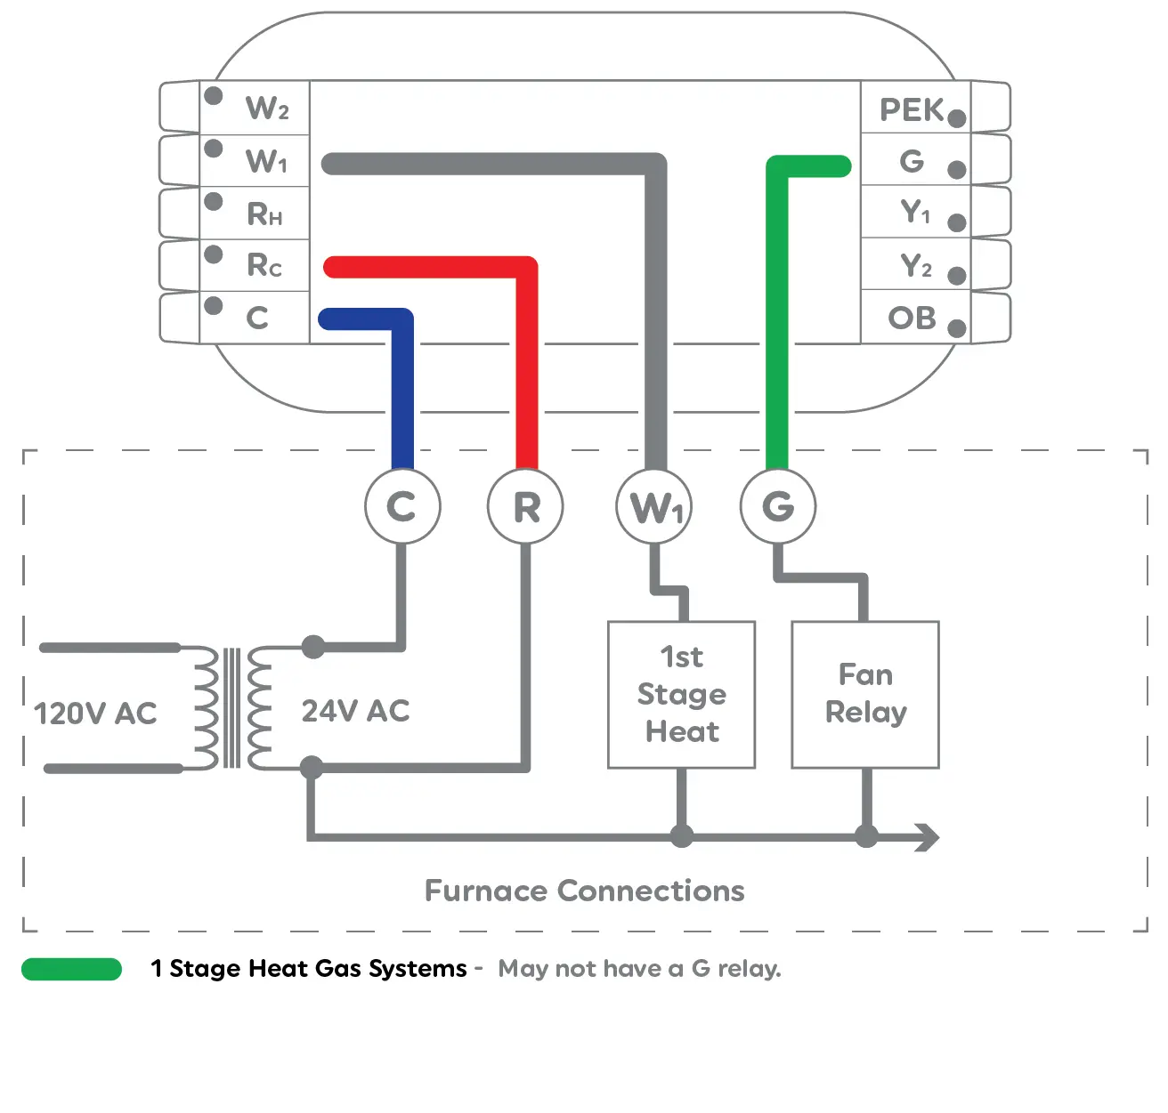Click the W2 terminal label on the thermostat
pyautogui.click(x=267, y=109)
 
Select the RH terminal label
pyautogui.click(x=264, y=214)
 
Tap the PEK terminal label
pyautogui.click(x=912, y=109)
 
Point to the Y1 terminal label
pyautogui.click(x=915, y=213)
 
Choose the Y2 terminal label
pyautogui.click(x=915, y=265)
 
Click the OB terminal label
pyautogui.click(x=912, y=318)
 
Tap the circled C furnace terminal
pyautogui.click(x=402, y=506)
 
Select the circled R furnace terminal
pyautogui.click(x=526, y=506)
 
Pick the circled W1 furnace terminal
pyautogui.click(x=654, y=506)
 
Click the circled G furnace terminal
pyautogui.click(x=778, y=506)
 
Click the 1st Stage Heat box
pyautogui.click(x=681, y=694)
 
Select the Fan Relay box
pyautogui.click(x=865, y=694)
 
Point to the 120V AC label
pyautogui.click(x=95, y=713)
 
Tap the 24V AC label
pyautogui.click(x=355, y=711)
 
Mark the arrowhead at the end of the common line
pyautogui.click(x=928, y=837)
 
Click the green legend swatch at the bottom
pyautogui.click(x=71, y=969)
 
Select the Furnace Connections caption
pyautogui.click(x=584, y=891)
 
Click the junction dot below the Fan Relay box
pyautogui.click(x=865, y=837)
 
